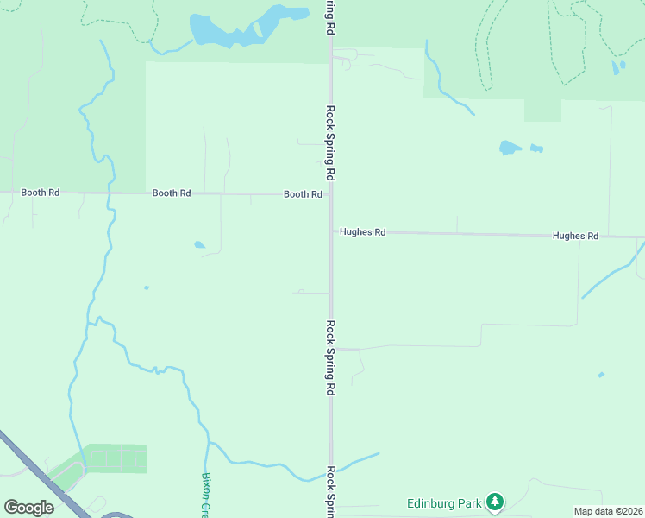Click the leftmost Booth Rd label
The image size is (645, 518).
(x=40, y=193)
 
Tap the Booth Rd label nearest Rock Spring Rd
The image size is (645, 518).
(x=303, y=194)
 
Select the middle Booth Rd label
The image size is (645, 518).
(x=172, y=193)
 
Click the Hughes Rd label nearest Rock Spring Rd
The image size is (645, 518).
(x=362, y=231)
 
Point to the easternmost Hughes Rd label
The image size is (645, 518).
(x=575, y=236)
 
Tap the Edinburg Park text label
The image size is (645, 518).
(x=444, y=502)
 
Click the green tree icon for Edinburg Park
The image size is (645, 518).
(x=494, y=501)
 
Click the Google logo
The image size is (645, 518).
(x=28, y=508)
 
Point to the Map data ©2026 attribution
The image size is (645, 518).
(x=608, y=511)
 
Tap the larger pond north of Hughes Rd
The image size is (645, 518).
(x=510, y=148)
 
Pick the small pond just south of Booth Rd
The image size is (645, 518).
(x=199, y=245)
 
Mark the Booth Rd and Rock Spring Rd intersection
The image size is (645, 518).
(x=330, y=195)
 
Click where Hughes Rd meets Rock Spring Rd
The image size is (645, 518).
(x=331, y=231)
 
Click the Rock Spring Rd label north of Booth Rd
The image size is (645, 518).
(x=330, y=142)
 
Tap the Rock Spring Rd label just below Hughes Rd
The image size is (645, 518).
(x=330, y=358)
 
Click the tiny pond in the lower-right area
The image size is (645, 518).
(x=601, y=375)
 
